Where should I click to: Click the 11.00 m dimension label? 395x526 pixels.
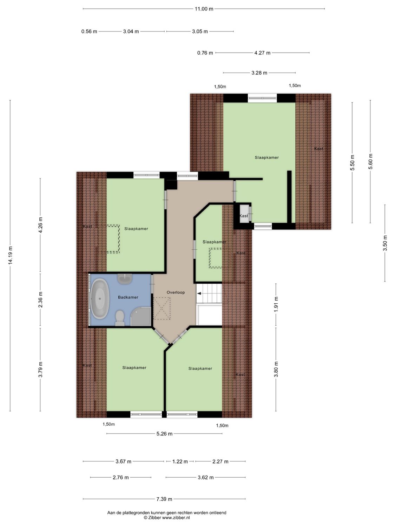click(x=204, y=9)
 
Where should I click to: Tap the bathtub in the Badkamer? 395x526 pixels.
click(x=100, y=299)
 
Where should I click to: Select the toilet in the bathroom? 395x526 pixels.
click(x=120, y=318)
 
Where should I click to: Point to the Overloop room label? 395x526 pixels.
click(x=176, y=292)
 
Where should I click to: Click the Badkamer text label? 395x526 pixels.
click(x=128, y=297)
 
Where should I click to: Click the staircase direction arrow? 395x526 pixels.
click(x=199, y=294)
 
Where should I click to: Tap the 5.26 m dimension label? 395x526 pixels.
click(x=164, y=434)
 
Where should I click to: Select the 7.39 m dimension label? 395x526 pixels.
click(x=164, y=499)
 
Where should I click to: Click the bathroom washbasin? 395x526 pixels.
click(x=125, y=279)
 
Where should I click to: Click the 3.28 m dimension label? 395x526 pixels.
click(x=259, y=73)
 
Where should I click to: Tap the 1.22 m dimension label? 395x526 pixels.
click(x=180, y=461)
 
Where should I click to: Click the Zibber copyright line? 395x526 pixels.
click(x=167, y=517)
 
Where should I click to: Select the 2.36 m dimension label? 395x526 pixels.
click(x=40, y=300)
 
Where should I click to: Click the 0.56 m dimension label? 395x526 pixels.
click(x=89, y=32)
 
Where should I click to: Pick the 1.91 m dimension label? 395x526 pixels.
click(x=276, y=304)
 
